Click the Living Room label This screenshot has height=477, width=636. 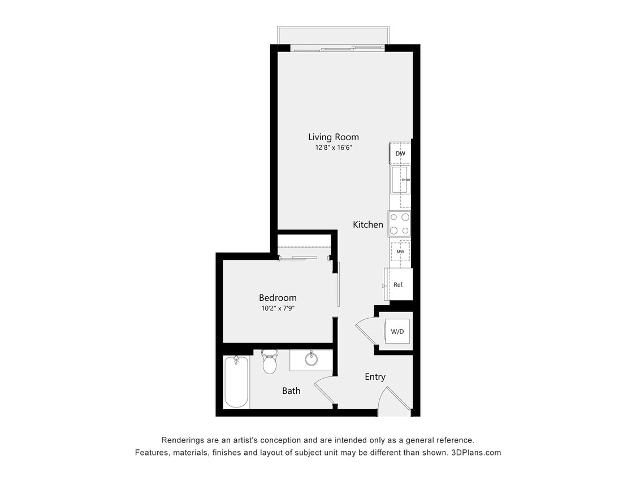(x=333, y=137)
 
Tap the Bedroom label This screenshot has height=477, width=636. (x=278, y=298)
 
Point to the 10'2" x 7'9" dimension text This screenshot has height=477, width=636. (x=278, y=309)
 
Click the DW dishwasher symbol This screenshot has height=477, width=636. (x=400, y=153)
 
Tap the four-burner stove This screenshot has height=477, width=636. (x=399, y=223)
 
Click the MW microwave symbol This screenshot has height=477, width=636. (x=400, y=251)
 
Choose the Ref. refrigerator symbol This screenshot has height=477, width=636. (x=399, y=285)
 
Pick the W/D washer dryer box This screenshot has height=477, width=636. (x=397, y=331)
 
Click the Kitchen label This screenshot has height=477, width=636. (x=368, y=224)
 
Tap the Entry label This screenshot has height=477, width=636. (x=375, y=377)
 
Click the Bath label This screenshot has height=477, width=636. (x=291, y=391)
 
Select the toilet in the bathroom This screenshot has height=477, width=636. (x=270, y=362)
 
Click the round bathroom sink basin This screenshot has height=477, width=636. (x=310, y=359)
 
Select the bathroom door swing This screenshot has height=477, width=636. (x=324, y=391)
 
